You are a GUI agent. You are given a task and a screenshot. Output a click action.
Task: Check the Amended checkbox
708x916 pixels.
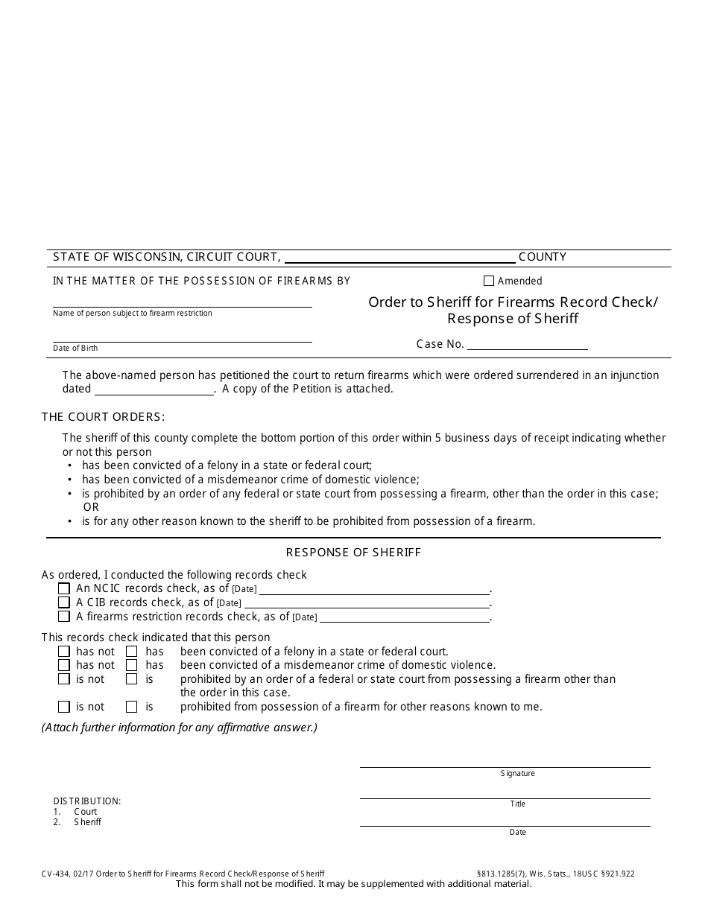pyautogui.click(x=489, y=282)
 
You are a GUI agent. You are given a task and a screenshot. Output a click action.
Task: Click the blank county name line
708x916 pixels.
pyautogui.click(x=399, y=258)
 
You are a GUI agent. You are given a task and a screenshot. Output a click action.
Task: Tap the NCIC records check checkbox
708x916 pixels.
pyautogui.click(x=64, y=589)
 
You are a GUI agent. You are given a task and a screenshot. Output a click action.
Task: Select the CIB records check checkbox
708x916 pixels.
pyautogui.click(x=64, y=602)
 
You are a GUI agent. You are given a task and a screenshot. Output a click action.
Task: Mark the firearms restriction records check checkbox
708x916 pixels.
pyautogui.click(x=64, y=617)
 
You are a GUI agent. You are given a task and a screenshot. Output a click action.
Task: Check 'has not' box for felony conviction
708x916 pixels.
pyautogui.click(x=64, y=652)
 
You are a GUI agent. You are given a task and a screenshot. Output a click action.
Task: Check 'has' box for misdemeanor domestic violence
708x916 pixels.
pyautogui.click(x=132, y=665)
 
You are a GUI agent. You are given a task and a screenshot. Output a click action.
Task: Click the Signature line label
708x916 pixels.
pyautogui.click(x=517, y=774)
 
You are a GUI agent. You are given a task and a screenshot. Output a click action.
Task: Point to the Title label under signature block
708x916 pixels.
pyautogui.click(x=517, y=804)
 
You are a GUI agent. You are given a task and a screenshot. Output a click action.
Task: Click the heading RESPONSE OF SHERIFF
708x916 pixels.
pyautogui.click(x=353, y=553)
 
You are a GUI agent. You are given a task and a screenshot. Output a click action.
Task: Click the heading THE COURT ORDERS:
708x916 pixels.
pyautogui.click(x=103, y=417)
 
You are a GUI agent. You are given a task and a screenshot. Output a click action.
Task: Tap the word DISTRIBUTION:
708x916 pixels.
pyautogui.click(x=86, y=801)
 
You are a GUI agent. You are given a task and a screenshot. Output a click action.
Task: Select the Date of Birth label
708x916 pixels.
pyautogui.click(x=75, y=349)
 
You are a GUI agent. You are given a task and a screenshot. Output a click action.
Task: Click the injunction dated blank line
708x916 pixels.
pyautogui.click(x=154, y=389)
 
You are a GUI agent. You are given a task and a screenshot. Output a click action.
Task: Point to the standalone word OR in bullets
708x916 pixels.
pyautogui.click(x=90, y=507)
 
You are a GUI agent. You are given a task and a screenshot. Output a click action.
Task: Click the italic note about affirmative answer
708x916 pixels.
pyautogui.click(x=179, y=728)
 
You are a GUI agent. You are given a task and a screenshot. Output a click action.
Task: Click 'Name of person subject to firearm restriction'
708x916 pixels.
pyautogui.click(x=132, y=314)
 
